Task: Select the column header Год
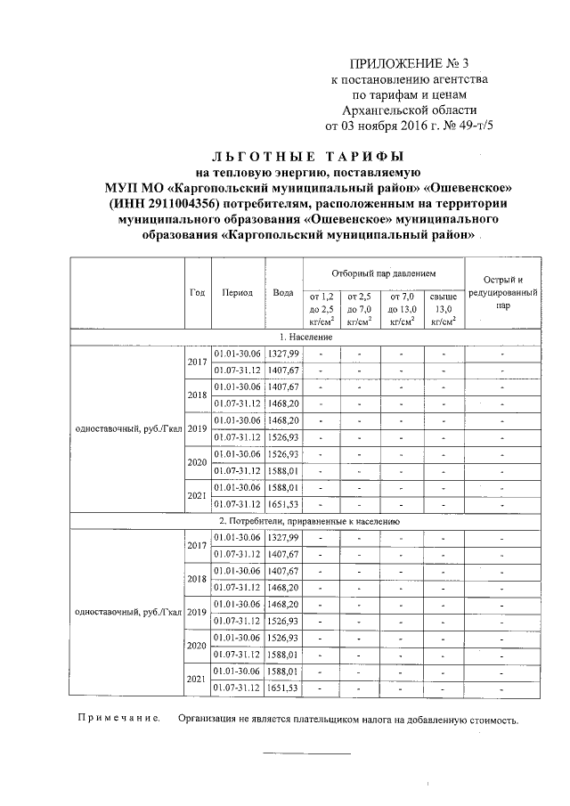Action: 198,292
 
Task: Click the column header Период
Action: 237,292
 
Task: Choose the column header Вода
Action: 283,292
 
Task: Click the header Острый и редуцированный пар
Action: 503,292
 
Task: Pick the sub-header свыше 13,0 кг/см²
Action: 443,308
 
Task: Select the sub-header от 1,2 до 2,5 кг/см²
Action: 322,308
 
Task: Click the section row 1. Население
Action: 306,338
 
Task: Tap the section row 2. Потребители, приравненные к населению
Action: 306,520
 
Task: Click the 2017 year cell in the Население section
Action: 197,363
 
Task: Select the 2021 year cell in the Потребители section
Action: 197,679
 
